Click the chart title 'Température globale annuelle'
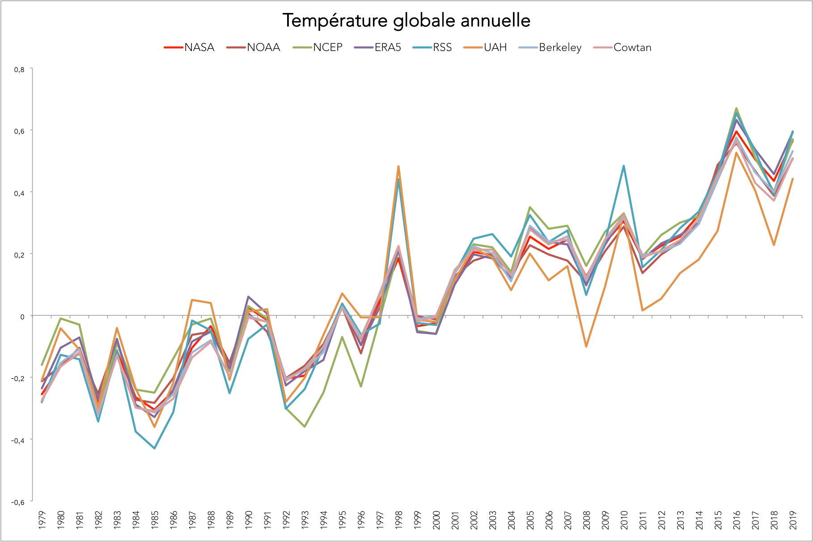(406, 21)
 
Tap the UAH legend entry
(495, 47)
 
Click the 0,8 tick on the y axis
(19, 69)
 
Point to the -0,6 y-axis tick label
(17, 502)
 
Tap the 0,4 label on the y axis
(19, 193)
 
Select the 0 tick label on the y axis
(22, 317)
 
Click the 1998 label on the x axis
(399, 520)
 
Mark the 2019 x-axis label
(793, 520)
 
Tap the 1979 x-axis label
(42, 520)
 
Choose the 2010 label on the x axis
(624, 520)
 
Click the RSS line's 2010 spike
(624, 166)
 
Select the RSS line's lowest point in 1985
(155, 448)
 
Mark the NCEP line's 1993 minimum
(305, 427)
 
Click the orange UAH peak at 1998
(398, 166)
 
